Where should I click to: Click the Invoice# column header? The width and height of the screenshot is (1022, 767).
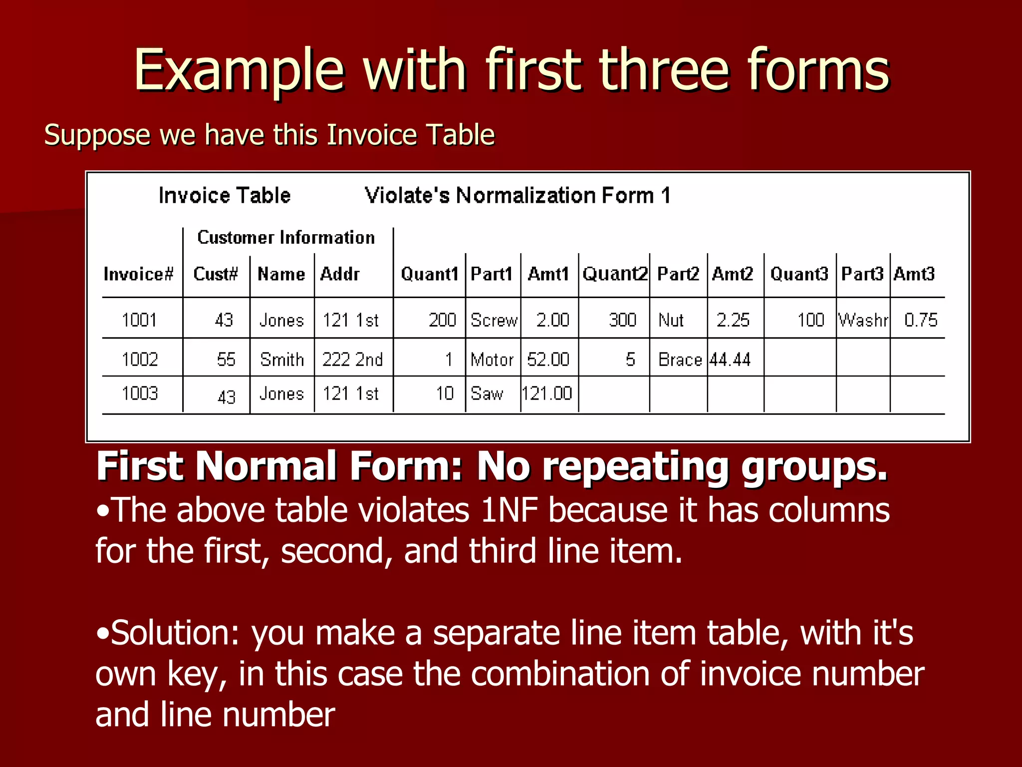(x=138, y=274)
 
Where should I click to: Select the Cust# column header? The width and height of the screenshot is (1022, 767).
(x=216, y=274)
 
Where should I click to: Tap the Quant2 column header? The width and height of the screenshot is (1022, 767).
(x=615, y=274)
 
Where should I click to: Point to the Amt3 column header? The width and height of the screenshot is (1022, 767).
(x=914, y=274)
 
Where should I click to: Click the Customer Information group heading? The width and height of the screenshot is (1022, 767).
(x=286, y=237)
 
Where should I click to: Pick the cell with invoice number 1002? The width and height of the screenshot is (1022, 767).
(x=140, y=360)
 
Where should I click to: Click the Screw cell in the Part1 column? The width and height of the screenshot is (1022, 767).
(x=494, y=320)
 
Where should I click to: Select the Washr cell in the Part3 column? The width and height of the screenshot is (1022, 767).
(x=863, y=320)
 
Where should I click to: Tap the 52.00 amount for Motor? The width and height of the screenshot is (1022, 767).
(x=548, y=360)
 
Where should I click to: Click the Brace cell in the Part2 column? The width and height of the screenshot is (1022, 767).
(x=680, y=360)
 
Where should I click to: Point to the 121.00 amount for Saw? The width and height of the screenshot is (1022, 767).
(x=547, y=394)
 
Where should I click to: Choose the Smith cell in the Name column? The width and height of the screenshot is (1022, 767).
(x=282, y=360)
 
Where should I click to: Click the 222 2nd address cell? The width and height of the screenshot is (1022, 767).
(x=352, y=360)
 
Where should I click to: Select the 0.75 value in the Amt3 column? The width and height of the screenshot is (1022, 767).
(x=921, y=320)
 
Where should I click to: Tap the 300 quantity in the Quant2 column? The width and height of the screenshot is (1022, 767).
(x=622, y=320)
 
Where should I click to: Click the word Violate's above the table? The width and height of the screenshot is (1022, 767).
(x=407, y=196)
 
